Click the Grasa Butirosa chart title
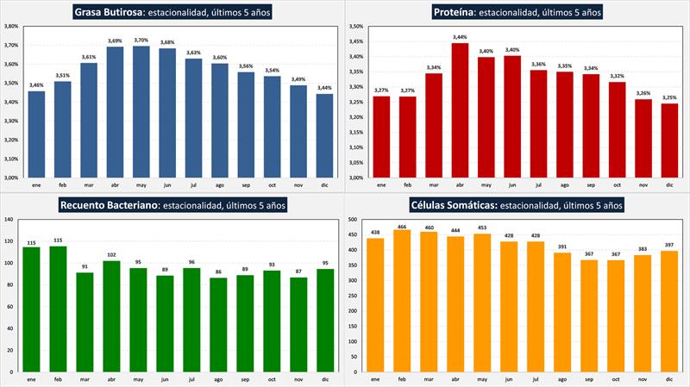[x=171, y=12]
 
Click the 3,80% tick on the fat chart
[x=12, y=26]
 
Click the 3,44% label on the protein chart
[x=461, y=37]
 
